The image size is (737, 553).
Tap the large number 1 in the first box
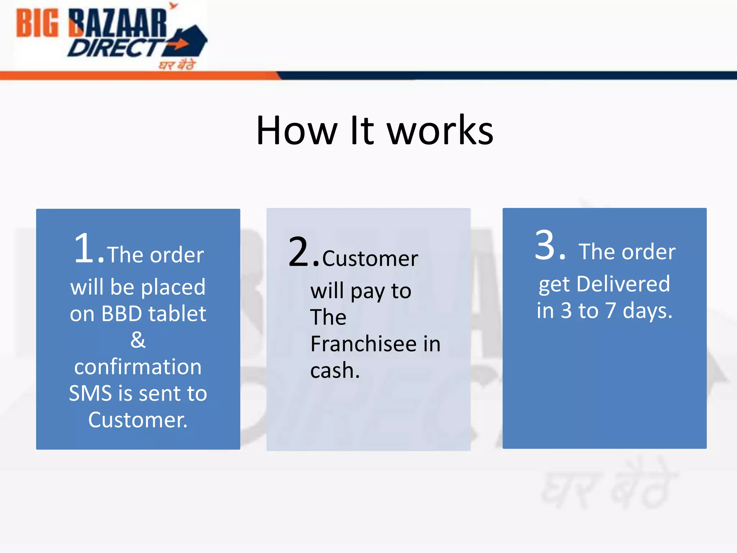point(85,248)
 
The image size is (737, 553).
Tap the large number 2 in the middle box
point(299,252)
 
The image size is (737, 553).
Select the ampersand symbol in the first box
point(138,340)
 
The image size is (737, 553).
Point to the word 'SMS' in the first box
point(91,393)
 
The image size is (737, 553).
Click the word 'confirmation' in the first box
point(138,367)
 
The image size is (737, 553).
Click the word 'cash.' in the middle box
point(335,370)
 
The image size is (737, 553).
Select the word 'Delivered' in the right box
point(623,284)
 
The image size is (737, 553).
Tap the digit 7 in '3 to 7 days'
point(610,310)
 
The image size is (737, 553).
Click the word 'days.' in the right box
point(647,311)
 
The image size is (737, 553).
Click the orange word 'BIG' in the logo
point(37,23)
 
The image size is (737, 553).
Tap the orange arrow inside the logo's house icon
point(179,44)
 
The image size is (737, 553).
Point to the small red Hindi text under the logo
point(177,65)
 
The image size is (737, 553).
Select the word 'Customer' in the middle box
point(370,258)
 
